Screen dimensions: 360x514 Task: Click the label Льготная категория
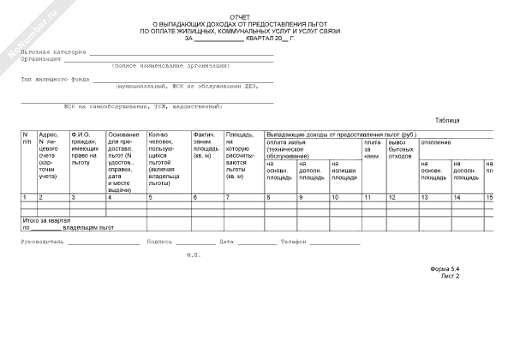(x=54, y=52)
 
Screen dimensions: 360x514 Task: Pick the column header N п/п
(x=27, y=139)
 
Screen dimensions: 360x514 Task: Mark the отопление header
(x=436, y=141)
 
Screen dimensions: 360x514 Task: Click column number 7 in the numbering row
(x=227, y=198)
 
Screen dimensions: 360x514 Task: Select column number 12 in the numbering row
(x=391, y=198)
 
